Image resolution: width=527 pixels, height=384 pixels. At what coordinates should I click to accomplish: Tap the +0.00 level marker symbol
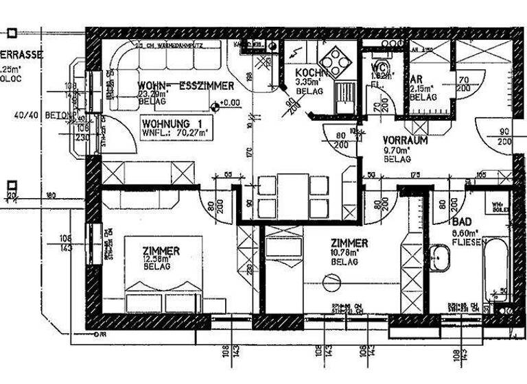[x=215, y=106]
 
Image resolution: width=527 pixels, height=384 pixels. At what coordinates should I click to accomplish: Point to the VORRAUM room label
[x=405, y=140]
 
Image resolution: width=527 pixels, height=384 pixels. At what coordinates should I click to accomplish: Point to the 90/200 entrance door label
[x=504, y=136]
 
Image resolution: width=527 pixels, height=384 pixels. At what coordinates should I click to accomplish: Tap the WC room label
[x=379, y=68]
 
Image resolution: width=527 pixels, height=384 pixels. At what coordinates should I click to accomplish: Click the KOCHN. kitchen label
[x=309, y=73]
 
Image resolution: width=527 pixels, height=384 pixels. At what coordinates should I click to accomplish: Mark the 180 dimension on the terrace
[x=50, y=196]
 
